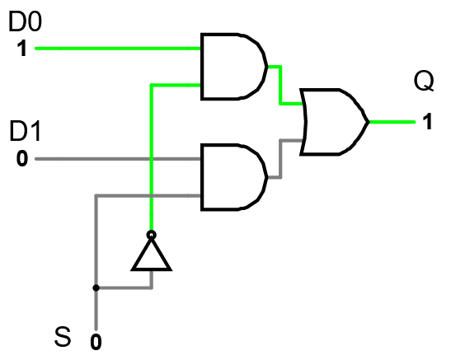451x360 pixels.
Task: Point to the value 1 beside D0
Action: click(20, 49)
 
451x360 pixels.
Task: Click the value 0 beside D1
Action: click(21, 157)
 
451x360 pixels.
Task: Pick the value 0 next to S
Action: click(96, 339)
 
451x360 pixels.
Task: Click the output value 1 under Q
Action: click(426, 123)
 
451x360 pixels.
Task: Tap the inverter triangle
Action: click(152, 255)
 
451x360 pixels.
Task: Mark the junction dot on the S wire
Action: click(96, 288)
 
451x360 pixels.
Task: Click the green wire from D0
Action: click(115, 48)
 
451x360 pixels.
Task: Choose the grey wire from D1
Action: click(115, 157)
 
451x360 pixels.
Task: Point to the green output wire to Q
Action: click(392, 121)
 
